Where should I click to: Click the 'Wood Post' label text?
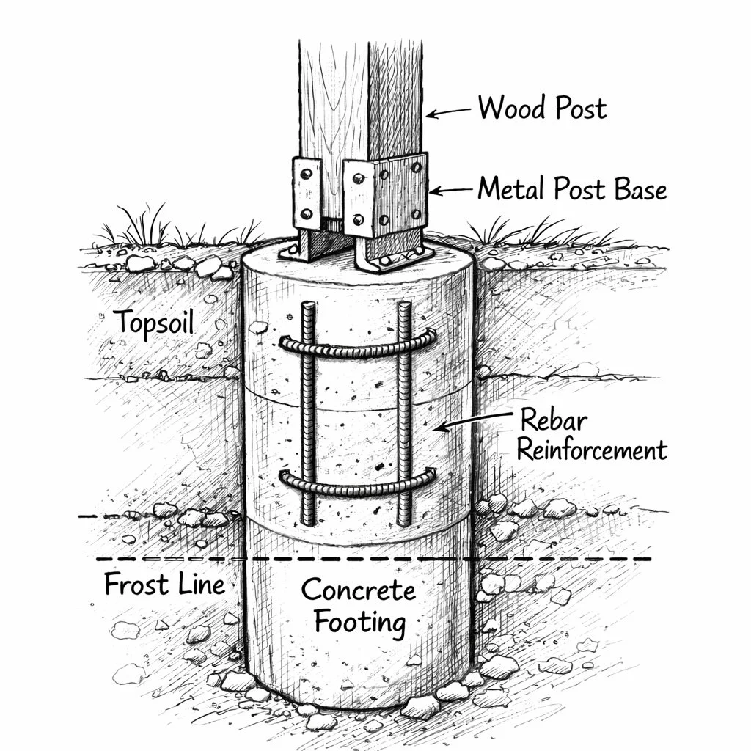click(542, 109)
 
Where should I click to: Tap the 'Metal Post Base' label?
click(572, 189)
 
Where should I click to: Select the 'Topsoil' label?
click(154, 322)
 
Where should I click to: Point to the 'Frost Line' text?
click(164, 585)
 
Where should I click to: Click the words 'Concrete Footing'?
click(359, 606)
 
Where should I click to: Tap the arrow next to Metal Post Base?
click(450, 191)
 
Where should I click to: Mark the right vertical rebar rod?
click(404, 411)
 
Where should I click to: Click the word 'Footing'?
click(359, 623)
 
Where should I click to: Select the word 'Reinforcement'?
click(592, 450)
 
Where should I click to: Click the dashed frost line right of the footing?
click(565, 560)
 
